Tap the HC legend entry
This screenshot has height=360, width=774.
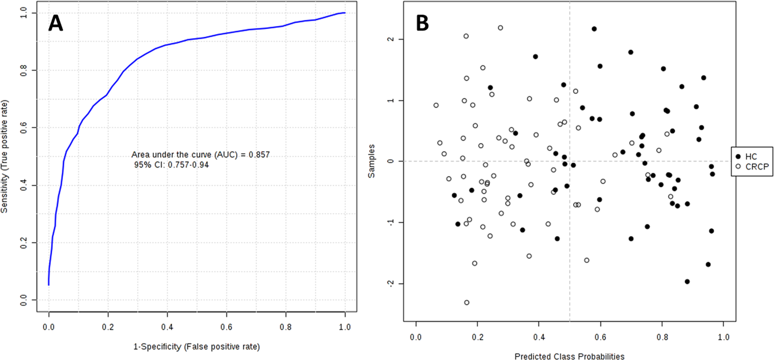click(751, 157)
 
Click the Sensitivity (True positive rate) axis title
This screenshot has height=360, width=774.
click(5, 157)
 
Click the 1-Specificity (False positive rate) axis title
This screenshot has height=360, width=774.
click(197, 347)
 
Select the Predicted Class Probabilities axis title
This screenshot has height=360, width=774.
click(569, 356)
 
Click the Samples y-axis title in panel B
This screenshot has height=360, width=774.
click(372, 161)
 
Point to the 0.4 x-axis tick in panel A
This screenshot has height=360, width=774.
click(167, 327)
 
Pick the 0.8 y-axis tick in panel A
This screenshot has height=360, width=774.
click(24, 71)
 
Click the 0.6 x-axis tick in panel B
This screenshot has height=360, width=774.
click(600, 337)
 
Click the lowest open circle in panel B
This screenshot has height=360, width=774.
click(467, 303)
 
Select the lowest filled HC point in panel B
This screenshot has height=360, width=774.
click(687, 281)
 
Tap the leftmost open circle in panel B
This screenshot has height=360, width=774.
click(436, 105)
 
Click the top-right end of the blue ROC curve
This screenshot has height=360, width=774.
click(344, 13)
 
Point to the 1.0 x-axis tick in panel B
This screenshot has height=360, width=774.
click(724, 337)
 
